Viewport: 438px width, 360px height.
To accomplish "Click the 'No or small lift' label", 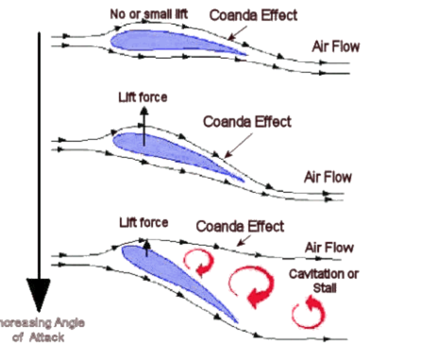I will coord(149,14).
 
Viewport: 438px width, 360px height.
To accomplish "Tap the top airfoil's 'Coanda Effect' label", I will coord(253,15).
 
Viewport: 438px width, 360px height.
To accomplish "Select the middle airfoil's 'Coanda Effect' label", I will coord(247,122).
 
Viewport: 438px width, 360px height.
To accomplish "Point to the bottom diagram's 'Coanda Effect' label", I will coord(240,226).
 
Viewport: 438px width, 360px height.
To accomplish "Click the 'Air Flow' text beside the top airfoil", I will coord(336,47).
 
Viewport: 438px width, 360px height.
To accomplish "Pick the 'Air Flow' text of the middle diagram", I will coord(328,178).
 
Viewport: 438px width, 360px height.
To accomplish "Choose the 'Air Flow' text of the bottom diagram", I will coord(329,248).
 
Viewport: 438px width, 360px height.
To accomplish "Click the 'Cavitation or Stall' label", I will coord(324,280).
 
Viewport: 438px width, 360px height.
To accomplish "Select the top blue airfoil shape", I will coord(170,43).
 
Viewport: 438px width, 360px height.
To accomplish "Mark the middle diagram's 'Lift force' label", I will coord(143,98).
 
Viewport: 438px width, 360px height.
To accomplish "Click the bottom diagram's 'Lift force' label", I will coord(143,222).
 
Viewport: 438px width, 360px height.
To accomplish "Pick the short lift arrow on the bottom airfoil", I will coord(146,248).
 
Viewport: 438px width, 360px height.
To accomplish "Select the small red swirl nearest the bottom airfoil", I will coord(198,263).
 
